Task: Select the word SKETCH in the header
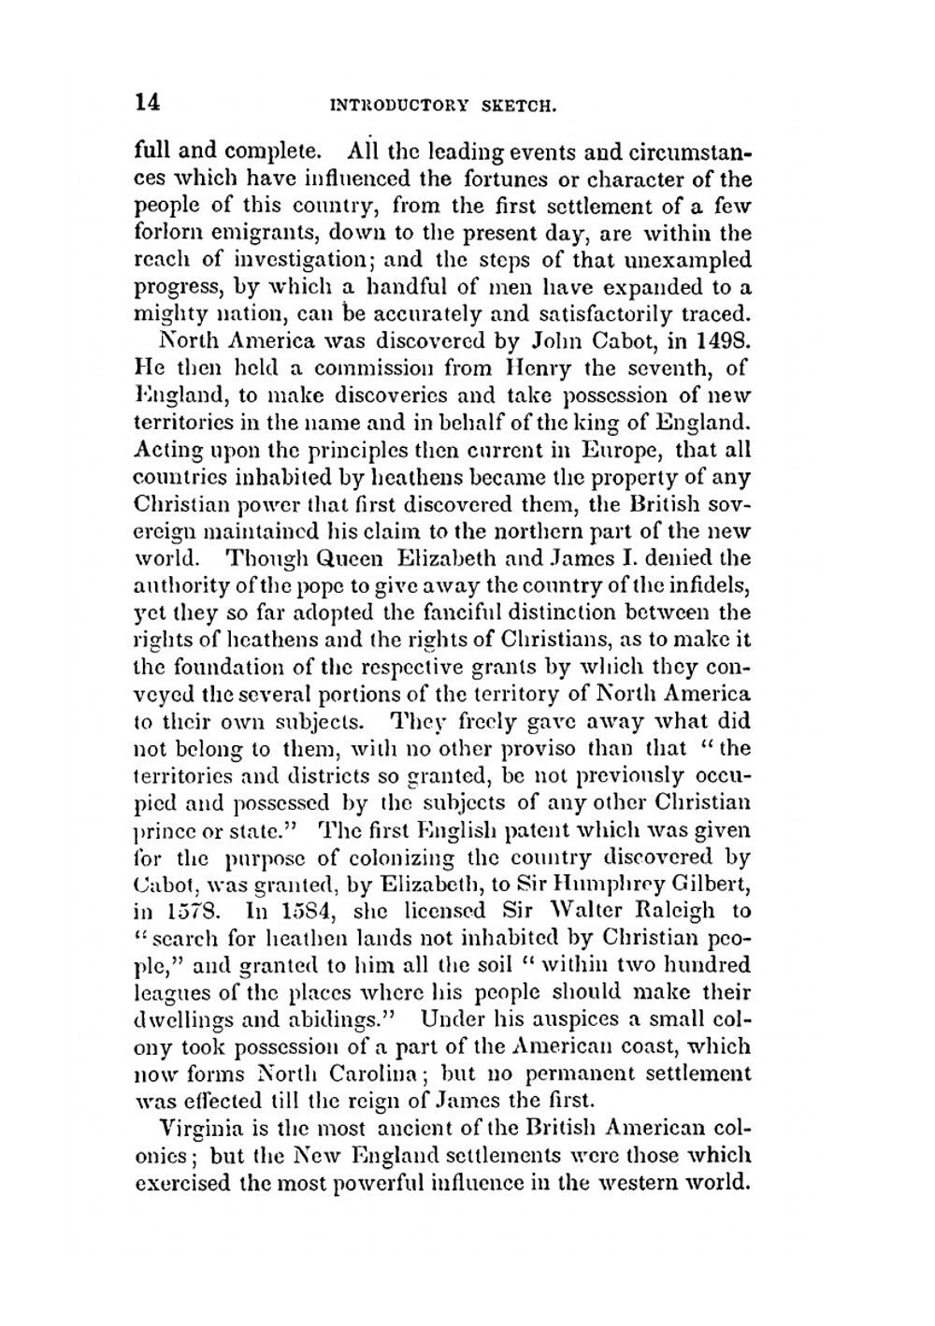518,106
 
